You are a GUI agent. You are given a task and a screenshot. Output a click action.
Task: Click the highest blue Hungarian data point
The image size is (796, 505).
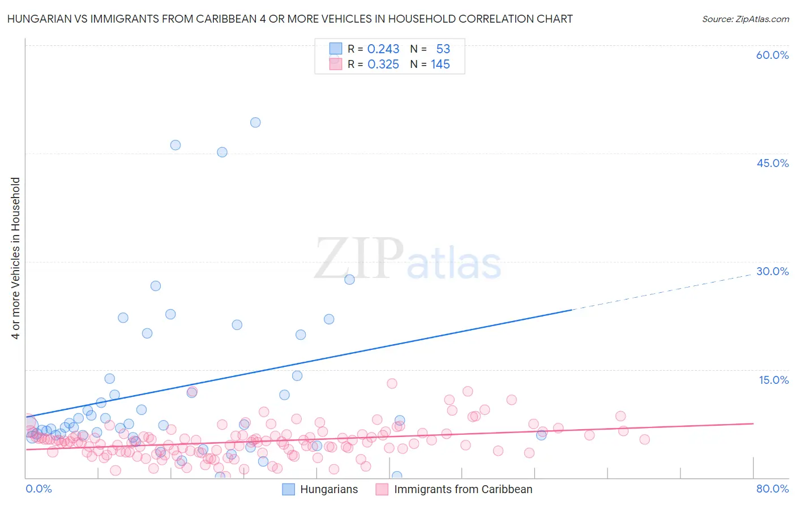click(x=255, y=122)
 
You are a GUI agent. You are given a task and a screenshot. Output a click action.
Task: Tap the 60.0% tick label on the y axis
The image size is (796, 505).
click(x=772, y=55)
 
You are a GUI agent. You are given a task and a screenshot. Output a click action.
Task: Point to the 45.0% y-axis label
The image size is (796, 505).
click(x=772, y=163)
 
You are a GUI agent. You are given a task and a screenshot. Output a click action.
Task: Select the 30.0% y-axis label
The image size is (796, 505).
click(x=772, y=271)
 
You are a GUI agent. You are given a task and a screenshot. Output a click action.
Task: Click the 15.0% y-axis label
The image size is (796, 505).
click(x=773, y=380)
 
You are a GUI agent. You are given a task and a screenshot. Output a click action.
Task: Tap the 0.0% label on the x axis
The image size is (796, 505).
click(x=38, y=489)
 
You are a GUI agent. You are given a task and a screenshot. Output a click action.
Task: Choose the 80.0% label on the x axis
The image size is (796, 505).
click(x=772, y=489)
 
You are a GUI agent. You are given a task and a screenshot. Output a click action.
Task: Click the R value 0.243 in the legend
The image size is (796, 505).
click(x=383, y=49)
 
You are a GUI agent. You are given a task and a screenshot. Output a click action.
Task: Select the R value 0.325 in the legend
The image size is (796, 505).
click(x=383, y=65)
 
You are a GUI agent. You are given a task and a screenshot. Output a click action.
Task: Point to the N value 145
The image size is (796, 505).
click(x=440, y=65)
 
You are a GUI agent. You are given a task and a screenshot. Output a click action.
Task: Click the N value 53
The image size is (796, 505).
click(x=443, y=49)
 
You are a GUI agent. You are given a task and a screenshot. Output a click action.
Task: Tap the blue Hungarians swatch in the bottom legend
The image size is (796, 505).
click(x=289, y=490)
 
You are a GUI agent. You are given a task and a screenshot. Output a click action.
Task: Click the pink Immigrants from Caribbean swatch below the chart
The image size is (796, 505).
click(x=382, y=490)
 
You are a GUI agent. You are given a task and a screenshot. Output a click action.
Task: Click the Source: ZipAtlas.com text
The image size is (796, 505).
click(x=745, y=19)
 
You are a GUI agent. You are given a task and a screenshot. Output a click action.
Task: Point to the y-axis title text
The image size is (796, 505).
click(x=16, y=258)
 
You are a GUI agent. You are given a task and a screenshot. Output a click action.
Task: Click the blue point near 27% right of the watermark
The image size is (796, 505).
click(x=349, y=279)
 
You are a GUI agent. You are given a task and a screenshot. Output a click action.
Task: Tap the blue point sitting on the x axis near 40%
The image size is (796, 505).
click(x=397, y=476)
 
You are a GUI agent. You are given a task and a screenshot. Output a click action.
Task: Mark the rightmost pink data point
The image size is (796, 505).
click(x=644, y=439)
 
